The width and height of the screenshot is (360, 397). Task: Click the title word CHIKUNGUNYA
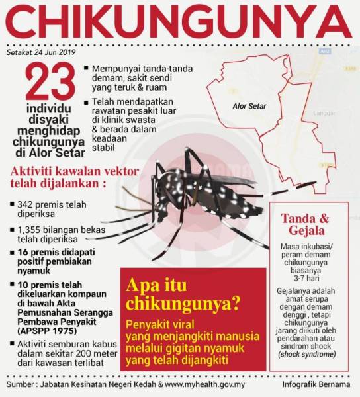(x=180, y=22)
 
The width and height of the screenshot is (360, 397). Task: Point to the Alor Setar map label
(x=250, y=105)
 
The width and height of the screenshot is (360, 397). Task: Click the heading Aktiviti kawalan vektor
(x=74, y=171)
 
